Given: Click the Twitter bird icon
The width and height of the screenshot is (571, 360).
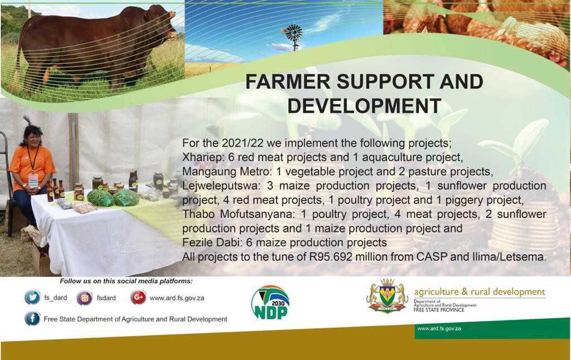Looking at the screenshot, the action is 32,298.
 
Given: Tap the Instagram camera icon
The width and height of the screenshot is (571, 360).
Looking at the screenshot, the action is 85,298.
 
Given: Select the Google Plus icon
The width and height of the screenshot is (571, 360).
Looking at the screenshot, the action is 138,298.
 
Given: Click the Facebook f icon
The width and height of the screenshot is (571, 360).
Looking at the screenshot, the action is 32,319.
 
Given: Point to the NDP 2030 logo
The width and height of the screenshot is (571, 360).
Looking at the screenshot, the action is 270,303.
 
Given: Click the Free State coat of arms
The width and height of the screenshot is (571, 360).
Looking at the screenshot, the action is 387,296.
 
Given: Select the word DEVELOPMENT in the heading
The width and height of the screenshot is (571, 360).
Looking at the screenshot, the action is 364,106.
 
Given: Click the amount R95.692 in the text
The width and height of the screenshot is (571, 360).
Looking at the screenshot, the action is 331,257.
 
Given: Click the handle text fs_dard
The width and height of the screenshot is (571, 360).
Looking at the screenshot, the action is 55,298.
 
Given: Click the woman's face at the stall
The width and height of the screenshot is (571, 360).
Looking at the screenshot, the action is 33,136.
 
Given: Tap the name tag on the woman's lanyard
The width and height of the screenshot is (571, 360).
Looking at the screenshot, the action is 33,180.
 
